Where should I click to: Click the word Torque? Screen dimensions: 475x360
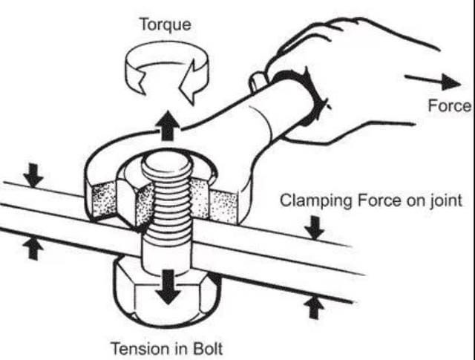pyautogui.click(x=166, y=24)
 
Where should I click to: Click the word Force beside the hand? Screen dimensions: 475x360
pyautogui.click(x=450, y=106)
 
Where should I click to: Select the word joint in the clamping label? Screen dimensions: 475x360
pyautogui.click(x=446, y=201)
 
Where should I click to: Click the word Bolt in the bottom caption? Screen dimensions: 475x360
pyautogui.click(x=208, y=348)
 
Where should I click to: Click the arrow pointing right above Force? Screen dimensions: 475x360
pyautogui.click(x=433, y=81)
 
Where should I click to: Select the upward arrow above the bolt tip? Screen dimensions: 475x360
pyautogui.click(x=167, y=125)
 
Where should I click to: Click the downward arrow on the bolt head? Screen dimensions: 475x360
pyautogui.click(x=168, y=287)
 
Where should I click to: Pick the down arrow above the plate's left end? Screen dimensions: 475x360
pyautogui.click(x=33, y=175)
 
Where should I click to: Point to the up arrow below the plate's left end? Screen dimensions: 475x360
pyautogui.click(x=33, y=249)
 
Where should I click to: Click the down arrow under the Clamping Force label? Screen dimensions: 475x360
pyautogui.click(x=315, y=228)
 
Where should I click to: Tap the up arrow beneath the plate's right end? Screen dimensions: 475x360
pyautogui.click(x=314, y=308)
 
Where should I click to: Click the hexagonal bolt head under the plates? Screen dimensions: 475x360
pyautogui.click(x=166, y=295)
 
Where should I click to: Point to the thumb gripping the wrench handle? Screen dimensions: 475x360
pyautogui.click(x=258, y=80)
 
